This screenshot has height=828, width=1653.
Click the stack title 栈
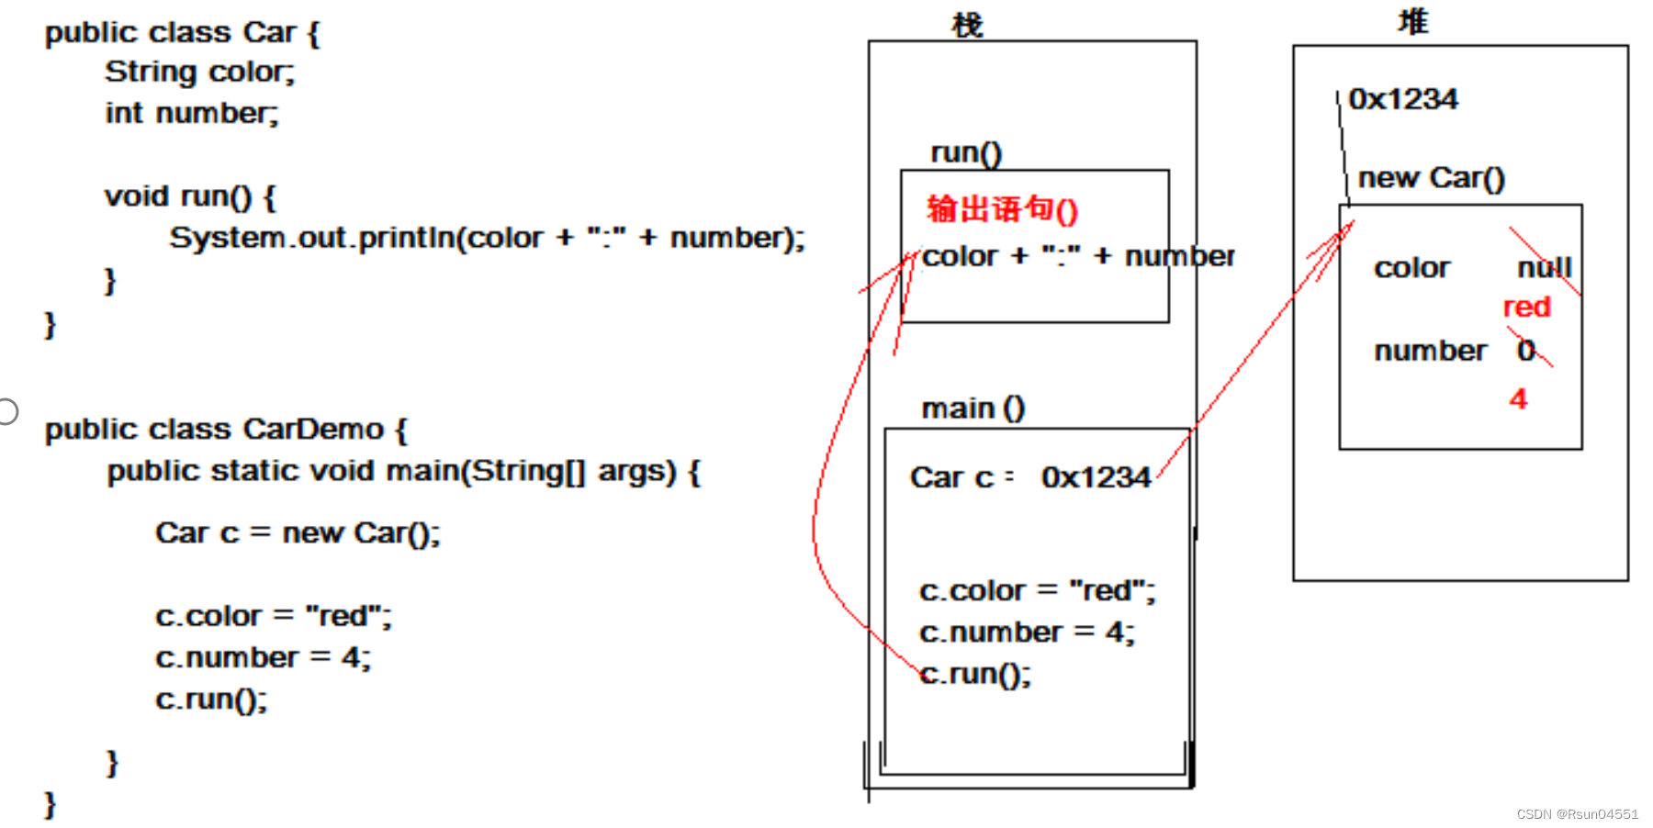(x=967, y=25)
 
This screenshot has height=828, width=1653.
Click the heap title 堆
(x=1412, y=22)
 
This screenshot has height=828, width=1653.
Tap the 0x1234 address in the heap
(x=1402, y=99)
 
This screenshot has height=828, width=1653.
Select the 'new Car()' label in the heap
(x=1431, y=177)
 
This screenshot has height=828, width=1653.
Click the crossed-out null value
(x=1545, y=267)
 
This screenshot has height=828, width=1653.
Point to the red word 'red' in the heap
(x=1526, y=307)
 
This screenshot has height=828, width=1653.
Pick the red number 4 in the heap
(x=1518, y=398)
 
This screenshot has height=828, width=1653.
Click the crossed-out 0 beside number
(x=1526, y=350)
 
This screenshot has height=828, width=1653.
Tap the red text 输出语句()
(x=1002, y=209)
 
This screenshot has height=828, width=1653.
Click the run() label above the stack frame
(x=966, y=152)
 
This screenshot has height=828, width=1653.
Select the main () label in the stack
(x=973, y=408)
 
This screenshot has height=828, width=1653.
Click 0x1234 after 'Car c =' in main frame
(x=1096, y=477)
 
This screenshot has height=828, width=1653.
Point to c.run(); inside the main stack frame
(x=975, y=674)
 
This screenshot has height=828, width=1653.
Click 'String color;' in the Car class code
(x=199, y=72)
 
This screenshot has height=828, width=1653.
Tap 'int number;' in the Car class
(x=191, y=113)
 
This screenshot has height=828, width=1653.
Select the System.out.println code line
(x=487, y=238)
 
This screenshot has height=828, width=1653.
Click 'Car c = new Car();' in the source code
(x=298, y=532)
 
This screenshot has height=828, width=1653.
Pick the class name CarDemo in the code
(x=313, y=429)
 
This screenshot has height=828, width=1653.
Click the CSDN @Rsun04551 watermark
(x=1577, y=814)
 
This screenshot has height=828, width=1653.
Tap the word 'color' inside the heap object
(x=1411, y=268)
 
